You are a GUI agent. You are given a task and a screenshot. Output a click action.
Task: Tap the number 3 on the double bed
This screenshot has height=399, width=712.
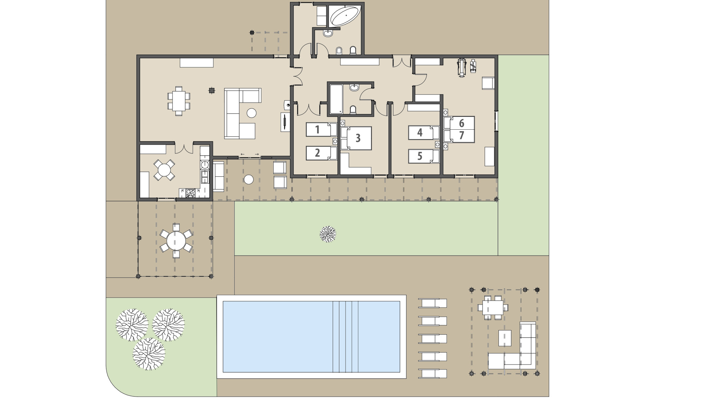[x=358, y=138]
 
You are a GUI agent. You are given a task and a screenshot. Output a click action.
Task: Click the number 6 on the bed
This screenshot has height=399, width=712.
[x=462, y=123]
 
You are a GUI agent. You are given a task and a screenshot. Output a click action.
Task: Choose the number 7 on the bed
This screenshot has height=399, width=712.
[x=462, y=136]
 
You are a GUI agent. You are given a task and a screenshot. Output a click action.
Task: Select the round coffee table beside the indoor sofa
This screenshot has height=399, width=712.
[x=252, y=113]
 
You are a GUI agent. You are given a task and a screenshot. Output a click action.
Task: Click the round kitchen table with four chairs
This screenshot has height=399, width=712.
[x=164, y=170]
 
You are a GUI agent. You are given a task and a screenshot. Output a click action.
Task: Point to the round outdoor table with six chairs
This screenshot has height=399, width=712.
[x=176, y=241]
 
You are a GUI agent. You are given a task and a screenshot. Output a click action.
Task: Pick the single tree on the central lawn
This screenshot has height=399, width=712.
[x=328, y=234]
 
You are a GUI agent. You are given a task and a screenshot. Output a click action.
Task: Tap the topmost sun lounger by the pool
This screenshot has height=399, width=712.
[x=433, y=303]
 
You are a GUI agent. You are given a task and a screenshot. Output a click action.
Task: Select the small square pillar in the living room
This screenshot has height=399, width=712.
[x=211, y=90]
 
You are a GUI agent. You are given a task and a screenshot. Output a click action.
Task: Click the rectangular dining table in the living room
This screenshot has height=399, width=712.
[x=179, y=101]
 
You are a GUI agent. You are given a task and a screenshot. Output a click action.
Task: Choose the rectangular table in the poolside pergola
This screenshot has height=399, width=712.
[x=492, y=307]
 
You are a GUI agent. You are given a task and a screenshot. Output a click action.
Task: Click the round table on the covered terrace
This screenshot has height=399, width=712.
[x=249, y=180]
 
